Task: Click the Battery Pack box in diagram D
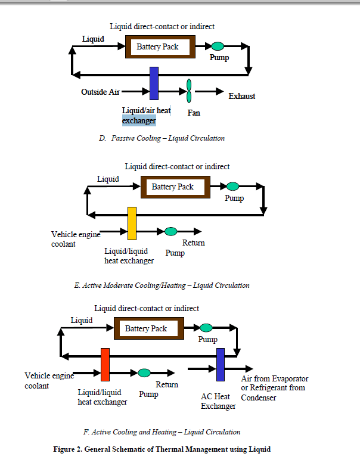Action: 157,46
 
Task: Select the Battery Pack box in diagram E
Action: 172,187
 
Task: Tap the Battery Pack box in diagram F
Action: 145,328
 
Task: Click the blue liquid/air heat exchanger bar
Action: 154,83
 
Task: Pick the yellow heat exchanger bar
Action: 132,223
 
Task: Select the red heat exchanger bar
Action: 105,364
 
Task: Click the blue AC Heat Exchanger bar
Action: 220,364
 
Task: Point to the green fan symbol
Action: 189,91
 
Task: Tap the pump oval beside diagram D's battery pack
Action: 218,46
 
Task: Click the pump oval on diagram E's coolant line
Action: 171,231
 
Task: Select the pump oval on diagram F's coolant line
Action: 144,373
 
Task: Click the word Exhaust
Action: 242,96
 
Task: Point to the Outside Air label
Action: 101,92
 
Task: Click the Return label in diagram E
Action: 193,243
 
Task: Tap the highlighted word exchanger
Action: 139,121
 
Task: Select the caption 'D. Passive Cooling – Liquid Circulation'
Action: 162,138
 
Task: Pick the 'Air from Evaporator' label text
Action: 274,379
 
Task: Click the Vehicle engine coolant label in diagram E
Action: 75,239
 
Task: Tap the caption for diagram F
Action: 162,432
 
